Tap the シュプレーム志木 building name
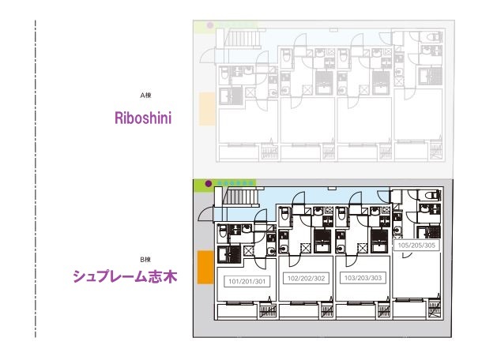(125, 276)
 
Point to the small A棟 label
(145, 96)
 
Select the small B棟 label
(145, 259)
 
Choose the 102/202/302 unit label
(307, 278)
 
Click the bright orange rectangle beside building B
(204, 267)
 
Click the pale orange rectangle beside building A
(205, 108)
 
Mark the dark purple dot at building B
(209, 183)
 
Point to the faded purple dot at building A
(209, 25)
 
